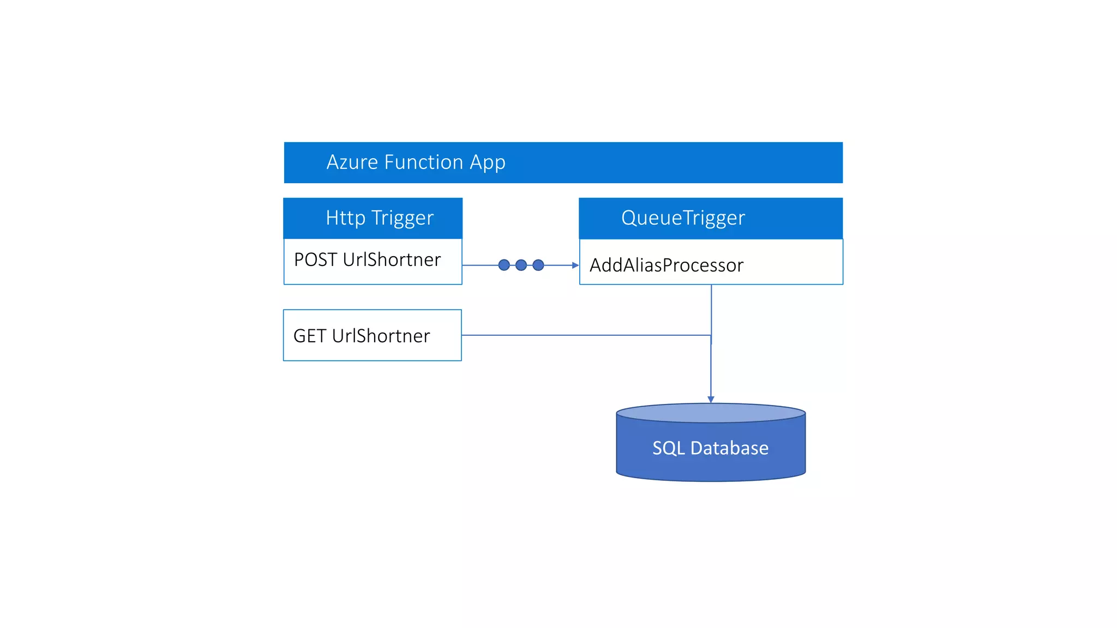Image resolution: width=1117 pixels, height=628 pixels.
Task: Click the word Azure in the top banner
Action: pos(352,162)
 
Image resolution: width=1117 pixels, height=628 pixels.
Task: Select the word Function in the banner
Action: pos(424,162)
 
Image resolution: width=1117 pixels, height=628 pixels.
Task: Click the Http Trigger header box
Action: pos(373,218)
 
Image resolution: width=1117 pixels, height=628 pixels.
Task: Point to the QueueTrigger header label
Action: pos(683,218)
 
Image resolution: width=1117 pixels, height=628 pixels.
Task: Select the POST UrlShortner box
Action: pos(373,261)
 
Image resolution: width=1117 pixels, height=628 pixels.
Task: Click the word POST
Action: pos(315,260)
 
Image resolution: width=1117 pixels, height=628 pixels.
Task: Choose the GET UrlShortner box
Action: pos(373,335)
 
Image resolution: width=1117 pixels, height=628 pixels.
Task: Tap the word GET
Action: pos(310,336)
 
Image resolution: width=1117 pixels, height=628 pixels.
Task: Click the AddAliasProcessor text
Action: pos(666,265)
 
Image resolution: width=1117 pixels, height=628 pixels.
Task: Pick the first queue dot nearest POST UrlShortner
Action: pos(504,265)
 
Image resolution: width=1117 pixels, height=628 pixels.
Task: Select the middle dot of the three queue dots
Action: pos(521,265)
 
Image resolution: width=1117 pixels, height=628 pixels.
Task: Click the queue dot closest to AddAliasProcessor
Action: pos(538,265)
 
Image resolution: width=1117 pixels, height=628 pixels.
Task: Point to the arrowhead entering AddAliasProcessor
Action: pos(575,265)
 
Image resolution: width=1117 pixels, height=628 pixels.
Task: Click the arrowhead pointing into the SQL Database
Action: pos(711,400)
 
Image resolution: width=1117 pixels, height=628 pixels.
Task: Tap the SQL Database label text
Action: pos(710,448)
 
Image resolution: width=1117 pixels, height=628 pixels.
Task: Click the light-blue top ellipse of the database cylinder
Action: pos(711,413)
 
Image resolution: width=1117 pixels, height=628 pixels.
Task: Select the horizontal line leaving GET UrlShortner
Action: pos(584,335)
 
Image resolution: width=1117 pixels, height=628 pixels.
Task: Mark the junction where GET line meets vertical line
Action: pos(711,335)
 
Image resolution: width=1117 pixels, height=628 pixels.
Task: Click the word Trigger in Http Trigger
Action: pos(403,218)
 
